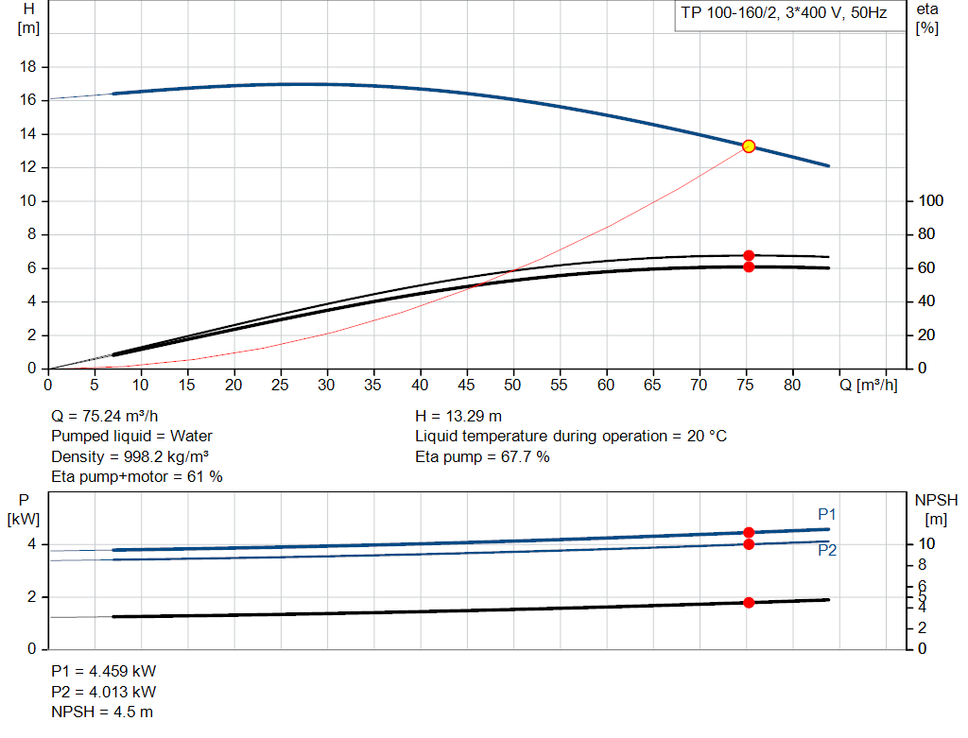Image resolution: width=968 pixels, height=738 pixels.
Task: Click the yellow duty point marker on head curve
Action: pyautogui.click(x=749, y=146)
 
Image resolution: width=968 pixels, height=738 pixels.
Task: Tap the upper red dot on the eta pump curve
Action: pyautogui.click(x=749, y=255)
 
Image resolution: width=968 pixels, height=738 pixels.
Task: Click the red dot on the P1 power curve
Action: pyautogui.click(x=749, y=533)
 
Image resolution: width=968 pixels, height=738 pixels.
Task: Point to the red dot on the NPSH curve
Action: pyautogui.click(x=749, y=602)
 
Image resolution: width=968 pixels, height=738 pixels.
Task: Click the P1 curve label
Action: pyautogui.click(x=827, y=515)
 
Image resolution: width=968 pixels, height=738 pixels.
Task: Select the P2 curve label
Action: pyautogui.click(x=827, y=551)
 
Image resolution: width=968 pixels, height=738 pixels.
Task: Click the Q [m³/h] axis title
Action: pyautogui.click(x=869, y=386)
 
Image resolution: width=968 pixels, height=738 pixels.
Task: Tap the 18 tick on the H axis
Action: pyautogui.click(x=28, y=67)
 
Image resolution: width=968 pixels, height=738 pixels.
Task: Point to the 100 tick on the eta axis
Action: pyautogui.click(x=930, y=201)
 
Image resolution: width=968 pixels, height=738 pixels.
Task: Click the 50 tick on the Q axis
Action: pyautogui.click(x=512, y=386)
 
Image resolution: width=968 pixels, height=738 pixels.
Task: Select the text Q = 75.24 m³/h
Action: pyautogui.click(x=106, y=416)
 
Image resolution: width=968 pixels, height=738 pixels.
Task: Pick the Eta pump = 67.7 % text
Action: pyautogui.click(x=482, y=457)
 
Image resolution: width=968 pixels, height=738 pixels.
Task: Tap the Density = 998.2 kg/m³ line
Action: pyautogui.click(x=130, y=457)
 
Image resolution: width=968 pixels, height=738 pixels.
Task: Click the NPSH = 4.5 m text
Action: pyautogui.click(x=101, y=712)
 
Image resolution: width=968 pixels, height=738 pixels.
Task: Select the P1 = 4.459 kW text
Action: pyautogui.click(x=103, y=671)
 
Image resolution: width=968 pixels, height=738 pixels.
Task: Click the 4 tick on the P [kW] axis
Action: pyautogui.click(x=31, y=544)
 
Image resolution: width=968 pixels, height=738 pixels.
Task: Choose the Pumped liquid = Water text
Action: pyautogui.click(x=131, y=437)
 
